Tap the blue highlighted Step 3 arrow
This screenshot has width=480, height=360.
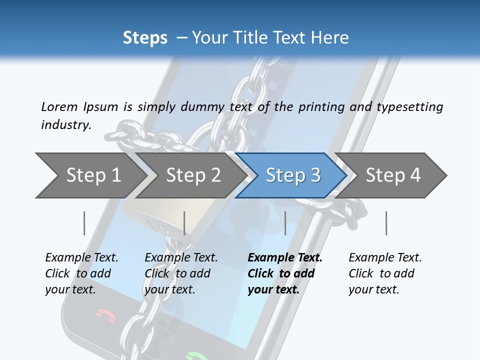point(292,175)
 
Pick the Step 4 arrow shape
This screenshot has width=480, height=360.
point(393,175)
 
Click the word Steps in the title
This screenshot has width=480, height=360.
point(145,37)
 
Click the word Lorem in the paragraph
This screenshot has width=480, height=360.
point(59,107)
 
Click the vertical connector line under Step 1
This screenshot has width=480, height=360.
point(84,223)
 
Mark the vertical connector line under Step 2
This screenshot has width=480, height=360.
point(184,223)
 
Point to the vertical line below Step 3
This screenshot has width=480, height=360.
point(285,223)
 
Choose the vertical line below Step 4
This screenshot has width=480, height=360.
point(386,223)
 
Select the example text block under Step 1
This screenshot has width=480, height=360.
point(81,273)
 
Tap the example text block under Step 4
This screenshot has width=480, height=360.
point(385,273)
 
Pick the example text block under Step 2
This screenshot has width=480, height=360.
point(181,273)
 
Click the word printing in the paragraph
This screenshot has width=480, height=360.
point(321,107)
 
